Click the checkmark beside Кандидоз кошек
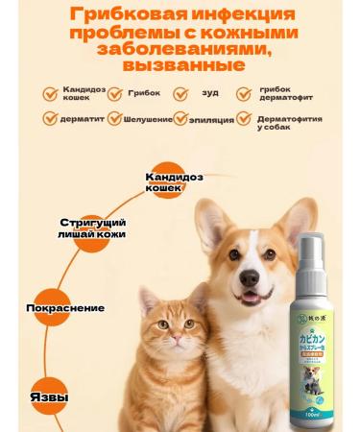point(49,94)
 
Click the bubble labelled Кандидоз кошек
point(178,181)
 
